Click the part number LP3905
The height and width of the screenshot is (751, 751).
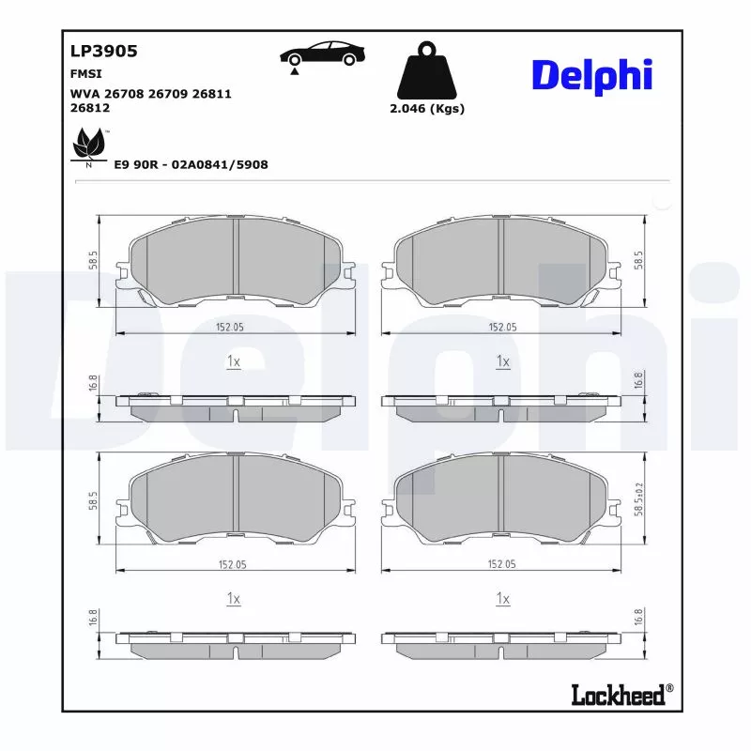pyautogui.click(x=104, y=52)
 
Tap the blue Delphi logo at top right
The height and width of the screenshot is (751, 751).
pyautogui.click(x=591, y=75)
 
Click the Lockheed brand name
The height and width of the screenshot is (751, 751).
pyautogui.click(x=618, y=694)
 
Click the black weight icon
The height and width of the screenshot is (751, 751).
pyautogui.click(x=427, y=69)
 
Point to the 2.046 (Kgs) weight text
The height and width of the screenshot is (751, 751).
pyautogui.click(x=427, y=108)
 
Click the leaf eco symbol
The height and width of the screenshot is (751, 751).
pyautogui.click(x=89, y=146)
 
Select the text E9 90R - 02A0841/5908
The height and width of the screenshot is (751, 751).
pyautogui.click(x=191, y=164)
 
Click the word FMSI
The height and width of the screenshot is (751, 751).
pyautogui.click(x=86, y=73)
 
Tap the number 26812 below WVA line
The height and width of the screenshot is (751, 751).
pyautogui.click(x=90, y=108)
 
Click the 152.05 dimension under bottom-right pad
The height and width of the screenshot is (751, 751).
pyautogui.click(x=502, y=564)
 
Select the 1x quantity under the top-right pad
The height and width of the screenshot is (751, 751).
pyautogui.click(x=502, y=361)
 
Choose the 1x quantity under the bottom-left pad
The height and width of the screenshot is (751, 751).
pyautogui.click(x=234, y=598)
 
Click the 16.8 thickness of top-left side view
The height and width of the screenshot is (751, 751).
pyautogui.click(x=94, y=382)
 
